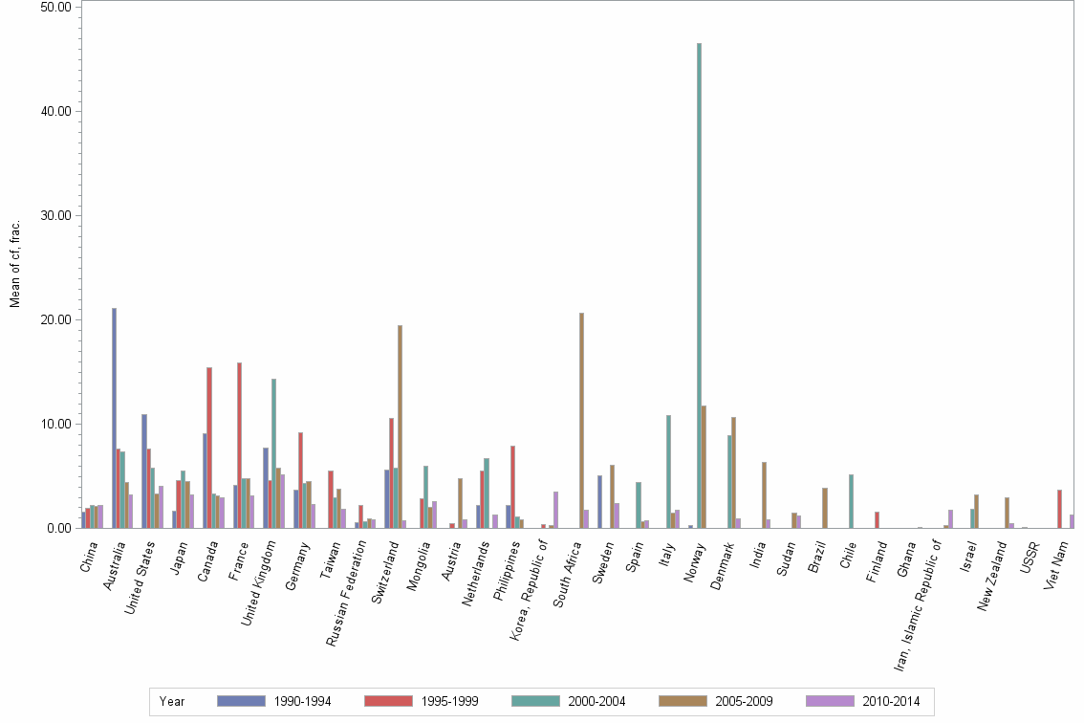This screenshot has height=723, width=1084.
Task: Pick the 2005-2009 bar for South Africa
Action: pyautogui.click(x=581, y=420)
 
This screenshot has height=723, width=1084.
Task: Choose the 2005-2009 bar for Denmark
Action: pyautogui.click(x=734, y=472)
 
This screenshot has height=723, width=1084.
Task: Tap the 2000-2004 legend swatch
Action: pyautogui.click(x=536, y=702)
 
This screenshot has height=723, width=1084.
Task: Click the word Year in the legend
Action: pyautogui.click(x=172, y=702)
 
